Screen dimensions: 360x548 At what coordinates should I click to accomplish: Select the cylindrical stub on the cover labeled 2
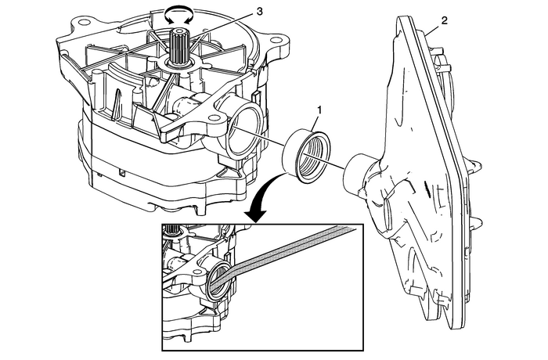pos(361,173)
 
